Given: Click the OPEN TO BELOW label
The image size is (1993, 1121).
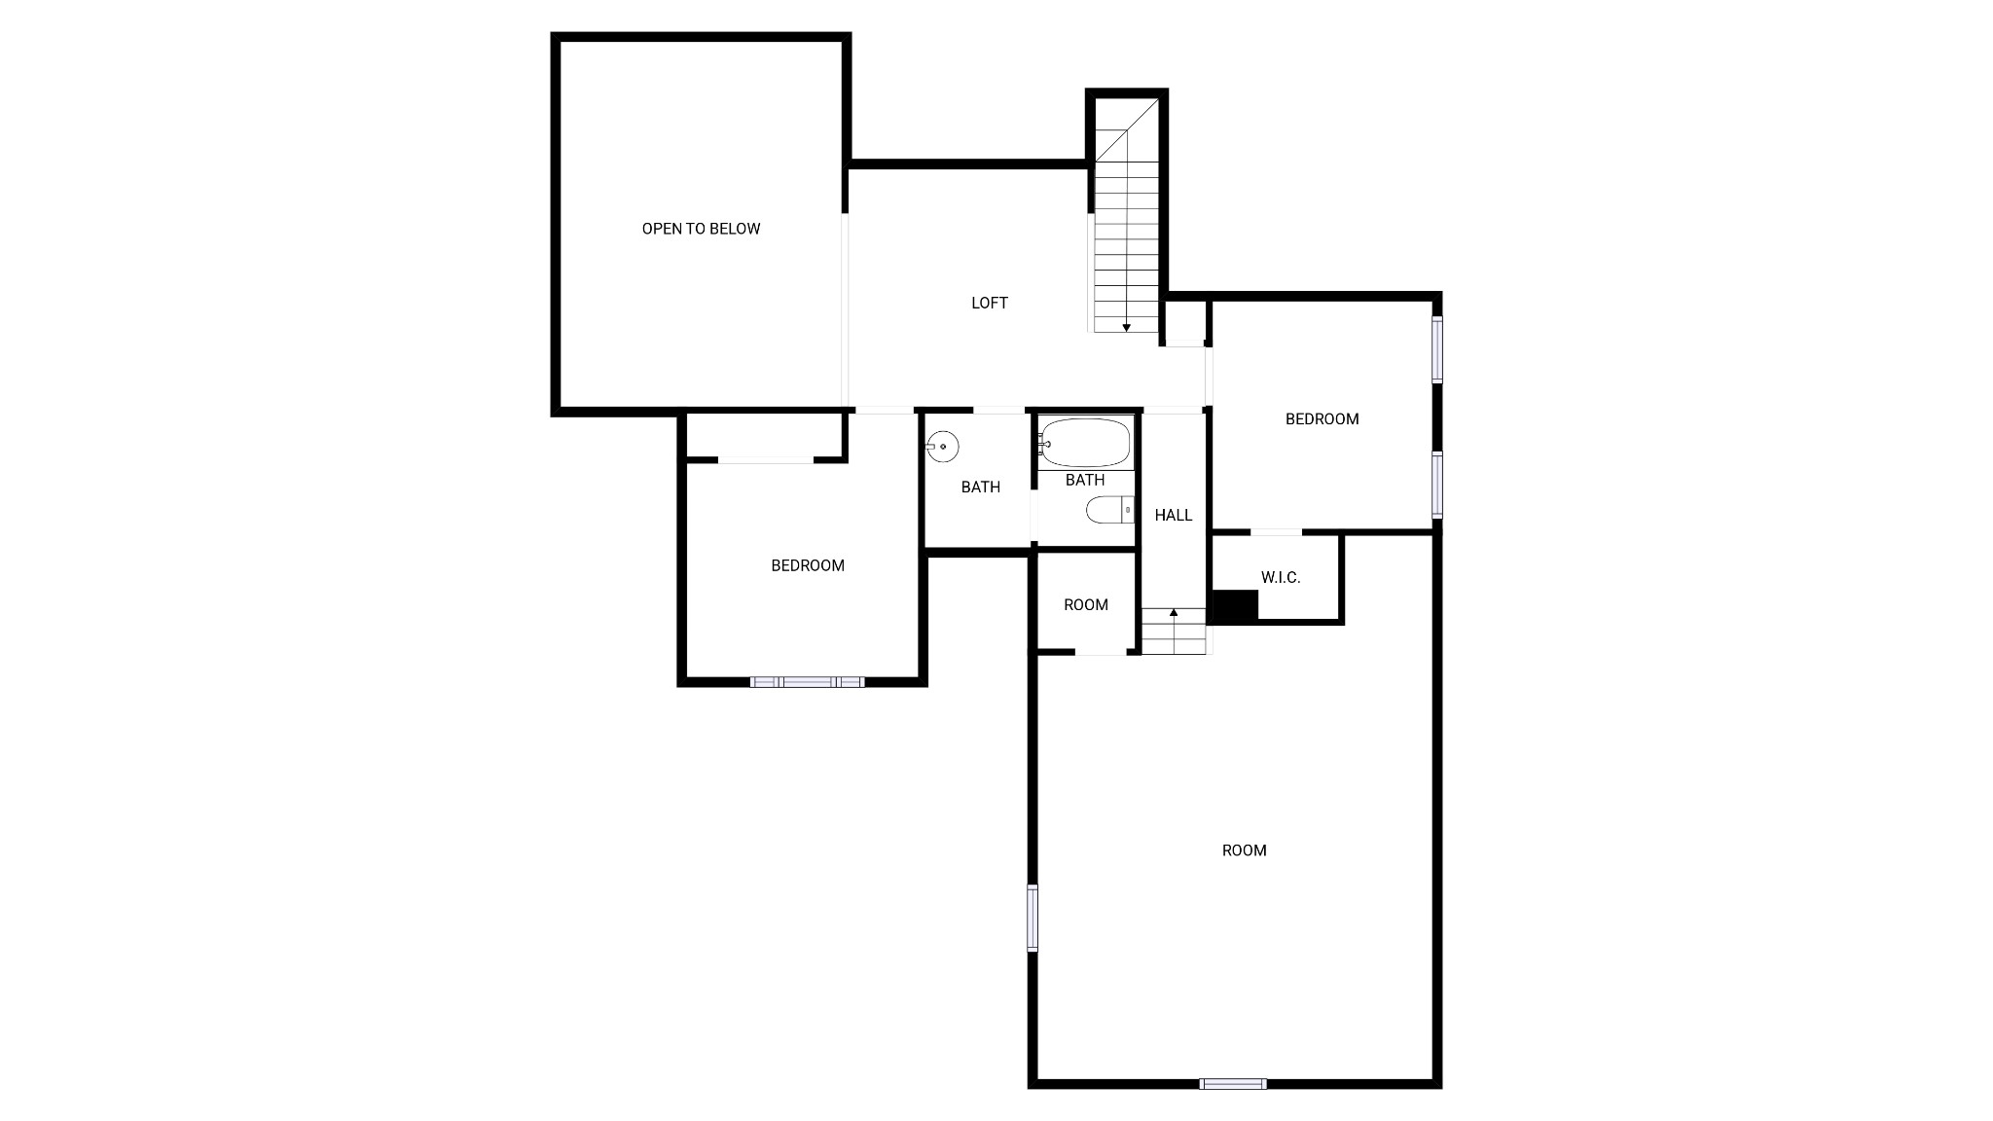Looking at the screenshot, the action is tap(701, 229).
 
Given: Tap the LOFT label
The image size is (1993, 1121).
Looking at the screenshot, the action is tap(990, 303).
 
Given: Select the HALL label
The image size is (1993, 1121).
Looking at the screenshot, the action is tap(1174, 515).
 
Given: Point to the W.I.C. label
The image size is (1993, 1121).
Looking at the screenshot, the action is tap(1281, 577).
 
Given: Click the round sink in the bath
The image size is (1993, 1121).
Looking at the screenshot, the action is tap(942, 447).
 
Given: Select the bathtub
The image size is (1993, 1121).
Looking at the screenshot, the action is tap(1085, 443).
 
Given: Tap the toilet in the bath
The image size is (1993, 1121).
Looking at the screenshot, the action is tap(1110, 509).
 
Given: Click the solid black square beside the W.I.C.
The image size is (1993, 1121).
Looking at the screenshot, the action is tap(1235, 605).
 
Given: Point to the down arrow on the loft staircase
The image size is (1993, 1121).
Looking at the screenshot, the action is tap(1126, 327).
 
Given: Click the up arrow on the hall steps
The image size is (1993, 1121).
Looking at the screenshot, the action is tap(1174, 612).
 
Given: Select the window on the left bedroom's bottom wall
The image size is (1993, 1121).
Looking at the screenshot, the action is tap(807, 681).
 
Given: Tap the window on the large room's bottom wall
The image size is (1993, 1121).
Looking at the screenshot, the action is tap(1233, 1083).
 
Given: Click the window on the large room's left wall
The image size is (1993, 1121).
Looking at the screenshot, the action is tap(1033, 917).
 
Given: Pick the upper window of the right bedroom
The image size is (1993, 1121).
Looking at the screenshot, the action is tap(1436, 348).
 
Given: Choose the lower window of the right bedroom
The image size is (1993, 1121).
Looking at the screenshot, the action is tap(1436, 484).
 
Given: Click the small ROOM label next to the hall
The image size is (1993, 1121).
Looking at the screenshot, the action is tap(1086, 604).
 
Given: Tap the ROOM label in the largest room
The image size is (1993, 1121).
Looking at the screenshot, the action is tap(1245, 850).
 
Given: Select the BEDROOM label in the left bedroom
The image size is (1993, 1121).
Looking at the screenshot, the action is tap(808, 565).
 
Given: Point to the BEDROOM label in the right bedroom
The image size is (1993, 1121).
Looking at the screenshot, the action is tap(1322, 418).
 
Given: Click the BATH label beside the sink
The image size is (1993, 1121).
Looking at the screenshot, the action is tap(980, 487).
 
